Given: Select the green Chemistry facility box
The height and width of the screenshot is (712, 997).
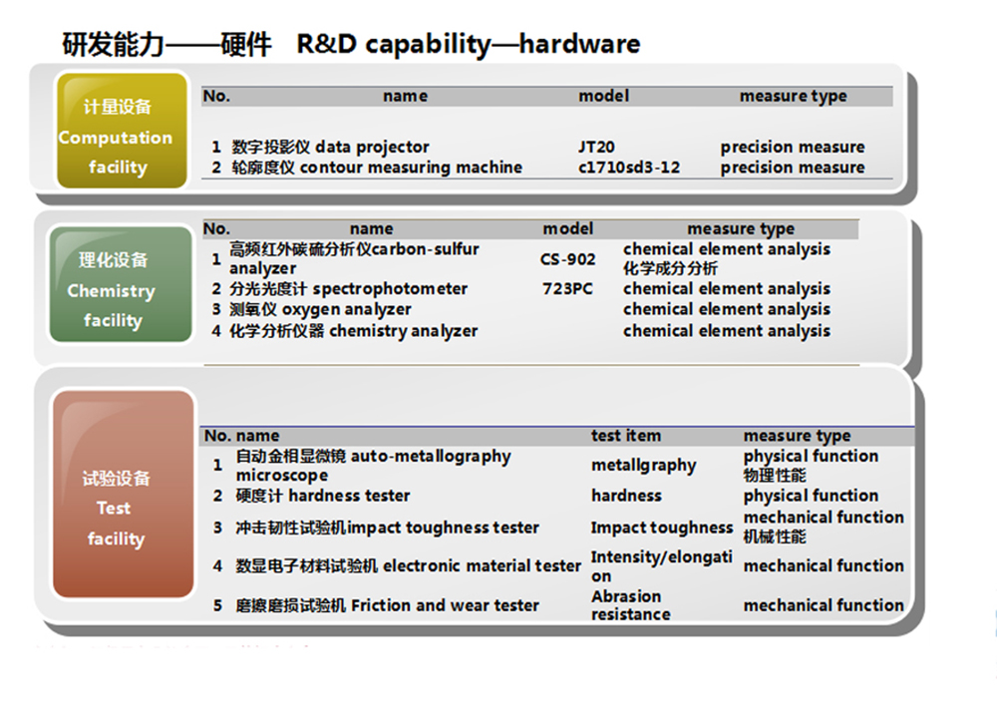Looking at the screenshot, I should pyautogui.click(x=121, y=284).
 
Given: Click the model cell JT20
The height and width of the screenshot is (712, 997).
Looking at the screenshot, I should pyautogui.click(x=596, y=147).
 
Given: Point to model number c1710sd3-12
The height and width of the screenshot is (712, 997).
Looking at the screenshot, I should pyautogui.click(x=629, y=168).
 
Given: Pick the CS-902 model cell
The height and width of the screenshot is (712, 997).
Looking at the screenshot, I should pyautogui.click(x=568, y=259).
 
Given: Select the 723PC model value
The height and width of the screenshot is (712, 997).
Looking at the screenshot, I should pyautogui.click(x=567, y=289).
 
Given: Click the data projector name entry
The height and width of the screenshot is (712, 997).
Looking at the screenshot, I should pyautogui.click(x=330, y=147).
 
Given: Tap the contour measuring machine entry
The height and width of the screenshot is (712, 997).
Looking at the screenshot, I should pyautogui.click(x=377, y=168).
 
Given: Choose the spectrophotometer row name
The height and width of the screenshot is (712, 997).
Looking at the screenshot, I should pyautogui.click(x=348, y=289).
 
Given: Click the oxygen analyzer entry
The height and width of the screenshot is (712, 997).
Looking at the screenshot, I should pyautogui.click(x=320, y=310).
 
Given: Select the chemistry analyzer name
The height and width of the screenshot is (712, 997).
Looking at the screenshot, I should pyautogui.click(x=353, y=331).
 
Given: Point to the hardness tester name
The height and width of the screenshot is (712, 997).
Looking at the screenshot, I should pyautogui.click(x=322, y=496).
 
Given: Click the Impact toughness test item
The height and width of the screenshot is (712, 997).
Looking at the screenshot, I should pyautogui.click(x=661, y=528).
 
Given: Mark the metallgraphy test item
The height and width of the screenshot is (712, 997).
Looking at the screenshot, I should pyautogui.click(x=643, y=466).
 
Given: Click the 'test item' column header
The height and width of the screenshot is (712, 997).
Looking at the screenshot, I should pyautogui.click(x=625, y=436).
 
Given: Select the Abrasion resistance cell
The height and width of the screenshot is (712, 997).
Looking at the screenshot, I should pyautogui.click(x=630, y=605).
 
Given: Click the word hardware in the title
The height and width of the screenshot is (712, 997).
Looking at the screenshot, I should pyautogui.click(x=579, y=45).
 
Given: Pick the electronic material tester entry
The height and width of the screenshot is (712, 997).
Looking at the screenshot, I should pyautogui.click(x=408, y=565).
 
